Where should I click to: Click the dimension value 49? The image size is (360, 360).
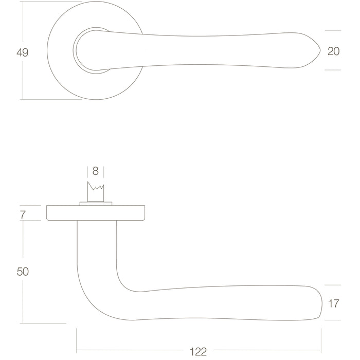23,52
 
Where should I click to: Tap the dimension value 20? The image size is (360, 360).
333,51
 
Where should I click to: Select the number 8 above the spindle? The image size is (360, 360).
96,171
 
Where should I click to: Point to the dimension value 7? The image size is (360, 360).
23,214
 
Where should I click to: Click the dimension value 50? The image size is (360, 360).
23,272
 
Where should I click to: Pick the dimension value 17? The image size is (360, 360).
333,303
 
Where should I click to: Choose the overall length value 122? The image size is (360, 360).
199,352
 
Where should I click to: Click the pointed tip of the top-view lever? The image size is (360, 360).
320,51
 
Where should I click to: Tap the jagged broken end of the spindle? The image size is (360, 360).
96,186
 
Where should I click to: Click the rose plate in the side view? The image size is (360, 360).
96,213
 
